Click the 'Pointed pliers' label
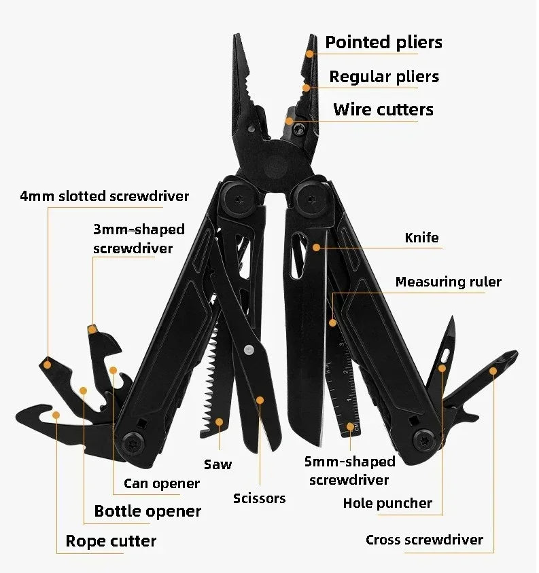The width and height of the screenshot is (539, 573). [383, 42]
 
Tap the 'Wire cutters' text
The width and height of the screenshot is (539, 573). [383, 109]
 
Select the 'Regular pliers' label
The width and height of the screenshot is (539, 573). [384, 77]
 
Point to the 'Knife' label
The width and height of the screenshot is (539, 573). [421, 238]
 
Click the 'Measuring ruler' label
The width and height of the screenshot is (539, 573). [448, 282]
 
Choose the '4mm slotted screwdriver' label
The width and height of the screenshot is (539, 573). [104, 196]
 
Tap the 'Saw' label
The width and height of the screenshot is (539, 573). [218, 464]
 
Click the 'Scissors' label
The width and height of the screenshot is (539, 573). [259, 498]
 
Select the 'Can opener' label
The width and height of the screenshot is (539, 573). [162, 483]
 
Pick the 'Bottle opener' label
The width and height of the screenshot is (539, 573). [147, 511]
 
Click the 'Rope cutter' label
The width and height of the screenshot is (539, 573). [111, 541]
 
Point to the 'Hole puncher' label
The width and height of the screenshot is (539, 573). [387, 503]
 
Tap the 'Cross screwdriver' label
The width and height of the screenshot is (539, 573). [424, 540]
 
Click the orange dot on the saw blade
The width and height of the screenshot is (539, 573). [219, 422]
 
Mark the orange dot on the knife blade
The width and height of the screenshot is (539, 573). [316, 248]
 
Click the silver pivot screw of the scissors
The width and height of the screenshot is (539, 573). [248, 350]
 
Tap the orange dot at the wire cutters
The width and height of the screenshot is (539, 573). [289, 121]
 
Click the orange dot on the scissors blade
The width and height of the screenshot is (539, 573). [259, 401]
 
